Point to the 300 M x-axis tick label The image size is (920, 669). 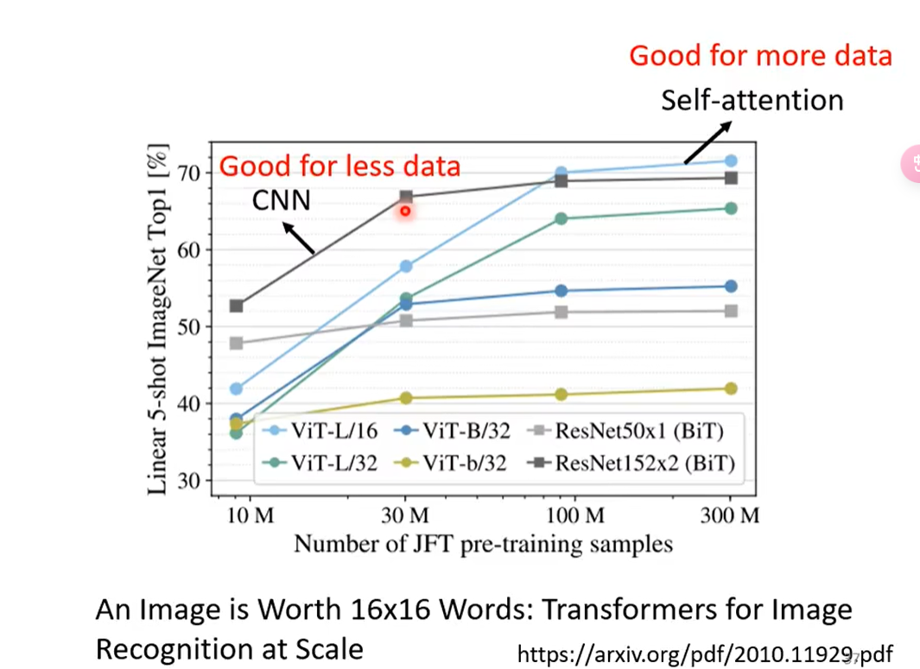pyautogui.click(x=731, y=517)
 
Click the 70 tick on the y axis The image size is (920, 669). pyautogui.click(x=189, y=174)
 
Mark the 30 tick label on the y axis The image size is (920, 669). pyautogui.click(x=189, y=481)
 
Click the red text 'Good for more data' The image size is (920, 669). pyautogui.click(x=760, y=56)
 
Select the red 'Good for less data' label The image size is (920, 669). pyautogui.click(x=339, y=166)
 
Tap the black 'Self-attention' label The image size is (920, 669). pyautogui.click(x=752, y=100)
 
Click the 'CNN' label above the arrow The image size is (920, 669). pyautogui.click(x=281, y=201)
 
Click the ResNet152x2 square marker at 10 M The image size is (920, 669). pyautogui.click(x=236, y=306)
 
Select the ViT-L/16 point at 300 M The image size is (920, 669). pyautogui.click(x=731, y=161)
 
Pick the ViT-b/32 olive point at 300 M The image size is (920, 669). pyautogui.click(x=731, y=388)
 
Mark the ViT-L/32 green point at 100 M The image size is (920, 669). pyautogui.click(x=562, y=218)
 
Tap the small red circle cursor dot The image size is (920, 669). pyautogui.click(x=405, y=211)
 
